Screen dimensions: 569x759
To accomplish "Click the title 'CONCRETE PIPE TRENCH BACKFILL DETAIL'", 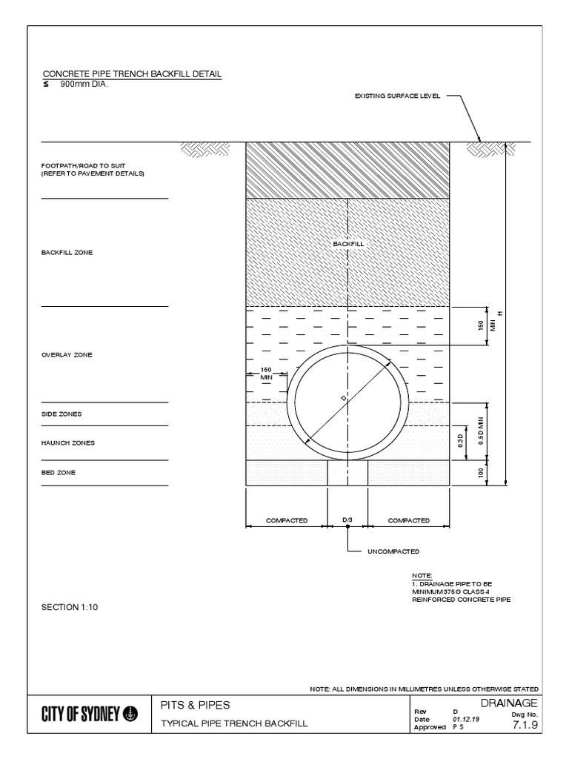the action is tap(132, 74).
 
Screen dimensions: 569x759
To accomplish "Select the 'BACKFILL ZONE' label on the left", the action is tap(67, 253).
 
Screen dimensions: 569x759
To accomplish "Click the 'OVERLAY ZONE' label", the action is tap(67, 355).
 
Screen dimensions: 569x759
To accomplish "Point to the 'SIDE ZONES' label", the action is tap(61, 414).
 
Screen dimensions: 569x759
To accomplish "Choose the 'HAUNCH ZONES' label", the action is tap(68, 443).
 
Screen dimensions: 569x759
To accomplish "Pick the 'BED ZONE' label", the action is tap(59, 472).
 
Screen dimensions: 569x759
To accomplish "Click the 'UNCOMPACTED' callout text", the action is tap(394, 551).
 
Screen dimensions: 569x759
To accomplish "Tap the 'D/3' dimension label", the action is tap(347, 520).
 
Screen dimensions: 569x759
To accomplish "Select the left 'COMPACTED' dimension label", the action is tap(287, 520).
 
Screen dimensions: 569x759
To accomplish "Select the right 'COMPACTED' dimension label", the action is tap(409, 520).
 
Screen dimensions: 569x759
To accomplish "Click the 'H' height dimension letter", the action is tap(500, 313).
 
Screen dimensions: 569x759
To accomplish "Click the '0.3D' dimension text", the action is tap(460, 443).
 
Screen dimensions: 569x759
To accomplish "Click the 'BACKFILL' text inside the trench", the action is tap(348, 243).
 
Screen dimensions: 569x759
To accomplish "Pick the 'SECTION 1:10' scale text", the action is tap(69, 607).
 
